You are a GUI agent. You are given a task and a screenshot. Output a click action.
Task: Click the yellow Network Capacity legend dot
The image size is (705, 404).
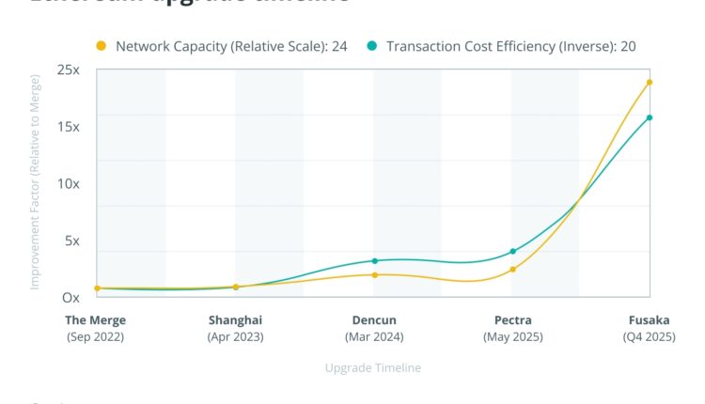[x=101, y=45]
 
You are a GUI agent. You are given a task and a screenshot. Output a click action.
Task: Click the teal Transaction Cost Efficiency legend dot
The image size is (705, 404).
[x=372, y=45]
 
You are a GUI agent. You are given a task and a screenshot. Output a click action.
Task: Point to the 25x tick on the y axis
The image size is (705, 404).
[x=68, y=70]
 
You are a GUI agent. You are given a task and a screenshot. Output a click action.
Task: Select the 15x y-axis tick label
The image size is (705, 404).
[x=68, y=127]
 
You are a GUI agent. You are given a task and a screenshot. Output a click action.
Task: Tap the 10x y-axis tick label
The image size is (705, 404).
[x=68, y=184]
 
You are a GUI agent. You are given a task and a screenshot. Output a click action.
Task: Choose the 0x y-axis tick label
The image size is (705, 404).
[x=70, y=298]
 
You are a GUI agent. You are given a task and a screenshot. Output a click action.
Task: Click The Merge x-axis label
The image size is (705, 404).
[x=95, y=320]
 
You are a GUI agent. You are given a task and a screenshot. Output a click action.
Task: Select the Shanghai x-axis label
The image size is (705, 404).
[x=235, y=320]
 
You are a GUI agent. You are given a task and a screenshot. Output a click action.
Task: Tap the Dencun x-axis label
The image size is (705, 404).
[x=374, y=320]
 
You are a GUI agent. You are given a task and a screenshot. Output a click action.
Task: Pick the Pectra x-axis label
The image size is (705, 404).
[x=512, y=320]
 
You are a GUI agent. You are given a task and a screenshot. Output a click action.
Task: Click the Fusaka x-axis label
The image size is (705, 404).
[x=649, y=320]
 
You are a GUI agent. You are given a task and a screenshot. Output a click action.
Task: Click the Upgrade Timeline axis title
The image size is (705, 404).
[x=372, y=368]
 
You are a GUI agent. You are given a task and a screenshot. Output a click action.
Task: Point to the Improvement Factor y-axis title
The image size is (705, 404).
[x=35, y=184]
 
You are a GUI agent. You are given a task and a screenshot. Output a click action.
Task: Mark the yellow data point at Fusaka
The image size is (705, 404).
[x=650, y=82]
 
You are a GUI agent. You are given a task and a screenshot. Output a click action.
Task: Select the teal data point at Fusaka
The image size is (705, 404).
[x=650, y=117]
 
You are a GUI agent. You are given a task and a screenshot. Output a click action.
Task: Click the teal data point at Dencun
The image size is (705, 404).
[x=374, y=261]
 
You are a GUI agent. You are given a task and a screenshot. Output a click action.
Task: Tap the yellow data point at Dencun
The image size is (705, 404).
[x=374, y=275]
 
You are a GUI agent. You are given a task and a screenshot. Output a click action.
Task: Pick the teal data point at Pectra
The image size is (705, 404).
[x=512, y=252]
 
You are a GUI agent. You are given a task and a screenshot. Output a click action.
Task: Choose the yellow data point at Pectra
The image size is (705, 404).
[x=512, y=270]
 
